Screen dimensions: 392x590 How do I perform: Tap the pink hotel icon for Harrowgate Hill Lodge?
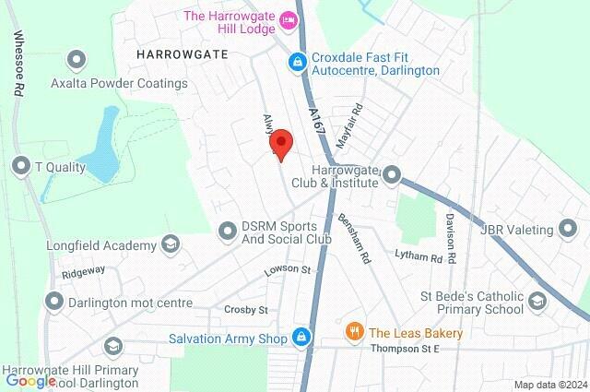pos(288,18)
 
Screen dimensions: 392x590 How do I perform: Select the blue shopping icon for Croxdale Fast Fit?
pos(297,63)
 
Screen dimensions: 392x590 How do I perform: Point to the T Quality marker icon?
pos(21,167)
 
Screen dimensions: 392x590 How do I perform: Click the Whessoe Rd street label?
pos(18,65)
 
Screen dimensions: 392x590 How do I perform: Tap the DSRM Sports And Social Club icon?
pos(228,230)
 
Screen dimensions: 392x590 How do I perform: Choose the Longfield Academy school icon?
pos(170,245)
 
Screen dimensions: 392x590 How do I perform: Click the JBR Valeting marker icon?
pos(569,230)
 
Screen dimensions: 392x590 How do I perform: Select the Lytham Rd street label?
pos(412,255)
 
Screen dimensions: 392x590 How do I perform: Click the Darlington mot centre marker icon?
pos(55,302)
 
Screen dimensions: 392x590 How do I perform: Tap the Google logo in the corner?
pos(30,380)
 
